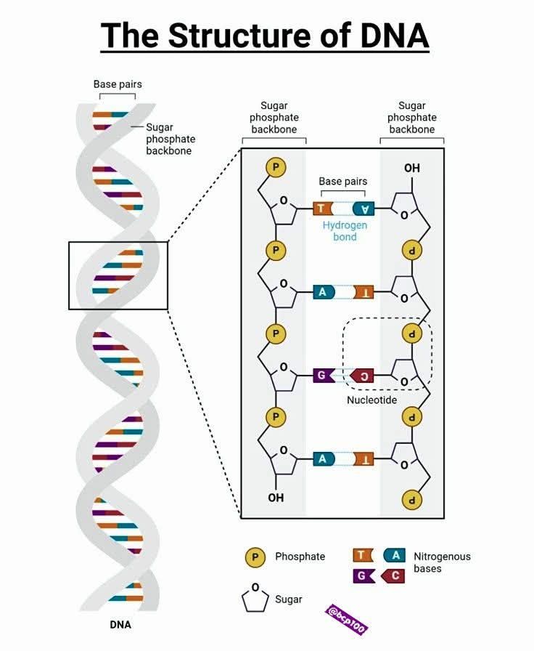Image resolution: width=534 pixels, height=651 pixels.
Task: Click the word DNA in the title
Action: tap(394, 36)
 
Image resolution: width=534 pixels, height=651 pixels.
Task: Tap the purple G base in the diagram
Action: tap(324, 376)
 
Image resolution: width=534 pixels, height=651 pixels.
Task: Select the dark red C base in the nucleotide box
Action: tap(362, 376)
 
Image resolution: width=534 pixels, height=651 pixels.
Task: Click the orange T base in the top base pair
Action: tap(323, 209)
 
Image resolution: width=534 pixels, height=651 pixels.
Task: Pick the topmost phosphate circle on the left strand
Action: tap(276, 167)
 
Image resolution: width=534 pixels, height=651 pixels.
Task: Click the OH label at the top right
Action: tap(412, 168)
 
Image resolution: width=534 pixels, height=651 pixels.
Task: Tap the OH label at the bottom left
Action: tap(276, 498)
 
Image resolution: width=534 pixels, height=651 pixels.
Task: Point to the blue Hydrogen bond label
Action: tap(345, 231)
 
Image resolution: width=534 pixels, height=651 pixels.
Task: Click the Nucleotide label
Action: tap(372, 400)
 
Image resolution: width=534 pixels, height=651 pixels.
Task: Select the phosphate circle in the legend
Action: tap(255, 557)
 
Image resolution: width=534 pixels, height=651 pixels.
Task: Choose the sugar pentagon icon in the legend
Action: tap(255, 598)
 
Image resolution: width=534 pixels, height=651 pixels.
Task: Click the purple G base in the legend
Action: tap(363, 576)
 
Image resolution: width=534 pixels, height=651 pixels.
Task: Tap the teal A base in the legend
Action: tap(395, 555)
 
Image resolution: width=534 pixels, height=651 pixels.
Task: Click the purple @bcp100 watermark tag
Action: tap(346, 620)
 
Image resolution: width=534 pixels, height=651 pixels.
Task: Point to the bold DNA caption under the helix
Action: tap(120, 624)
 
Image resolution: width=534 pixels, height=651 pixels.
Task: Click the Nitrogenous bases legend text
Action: tap(442, 562)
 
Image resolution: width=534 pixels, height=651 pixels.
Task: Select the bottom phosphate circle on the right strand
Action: tap(412, 500)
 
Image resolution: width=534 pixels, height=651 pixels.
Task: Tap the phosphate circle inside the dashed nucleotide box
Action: tap(412, 333)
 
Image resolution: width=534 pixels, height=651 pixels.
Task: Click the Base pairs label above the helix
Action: tap(118, 84)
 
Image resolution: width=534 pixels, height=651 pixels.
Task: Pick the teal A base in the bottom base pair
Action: tap(324, 458)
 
